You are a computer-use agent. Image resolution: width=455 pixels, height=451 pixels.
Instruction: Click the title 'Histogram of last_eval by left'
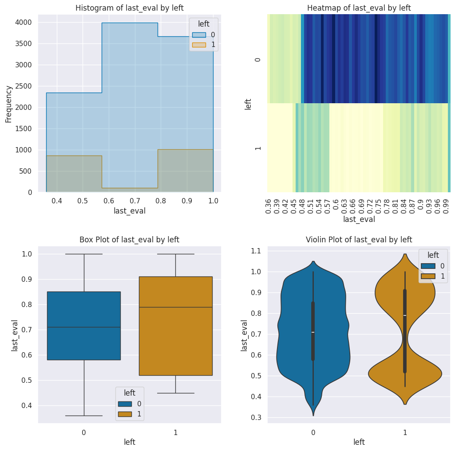pos(129,8)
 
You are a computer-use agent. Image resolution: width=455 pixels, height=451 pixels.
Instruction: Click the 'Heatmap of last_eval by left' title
pos(359,8)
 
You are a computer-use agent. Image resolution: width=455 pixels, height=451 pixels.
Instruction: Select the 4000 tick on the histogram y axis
pos(25,23)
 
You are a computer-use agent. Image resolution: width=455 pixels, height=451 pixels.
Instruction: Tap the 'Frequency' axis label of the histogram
pos(8,103)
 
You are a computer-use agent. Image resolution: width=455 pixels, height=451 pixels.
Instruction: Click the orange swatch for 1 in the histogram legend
pos(198,44)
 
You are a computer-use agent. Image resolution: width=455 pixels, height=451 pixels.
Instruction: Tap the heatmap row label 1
pos(258,148)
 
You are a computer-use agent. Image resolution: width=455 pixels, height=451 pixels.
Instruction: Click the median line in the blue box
pos(83,327)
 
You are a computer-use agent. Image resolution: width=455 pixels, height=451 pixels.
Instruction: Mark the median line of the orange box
pos(175,307)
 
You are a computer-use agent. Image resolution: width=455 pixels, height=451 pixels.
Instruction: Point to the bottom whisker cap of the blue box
pos(83,416)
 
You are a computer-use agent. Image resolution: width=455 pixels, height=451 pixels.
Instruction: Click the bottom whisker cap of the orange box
pos(175,393)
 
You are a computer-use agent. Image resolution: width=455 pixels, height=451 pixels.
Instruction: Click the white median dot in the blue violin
pos(313,332)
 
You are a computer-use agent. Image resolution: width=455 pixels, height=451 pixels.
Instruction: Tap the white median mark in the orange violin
pos(405,315)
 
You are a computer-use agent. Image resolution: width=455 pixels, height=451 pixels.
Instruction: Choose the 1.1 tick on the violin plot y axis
pos(256,251)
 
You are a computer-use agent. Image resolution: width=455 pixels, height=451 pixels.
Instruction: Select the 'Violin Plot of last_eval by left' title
pos(359,240)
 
